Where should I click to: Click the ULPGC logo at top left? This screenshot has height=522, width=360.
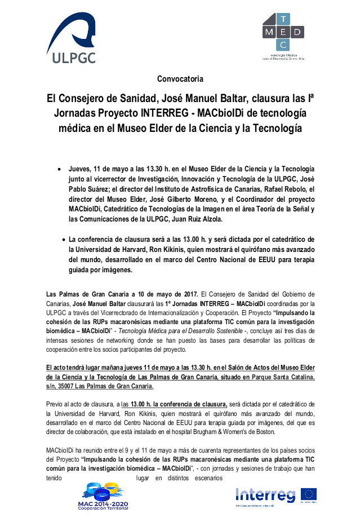71,39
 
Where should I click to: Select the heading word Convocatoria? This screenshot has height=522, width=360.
180,78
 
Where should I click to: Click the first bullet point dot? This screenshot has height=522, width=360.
60,169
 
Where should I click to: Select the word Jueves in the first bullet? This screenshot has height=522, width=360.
81,169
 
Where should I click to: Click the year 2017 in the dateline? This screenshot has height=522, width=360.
189,294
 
